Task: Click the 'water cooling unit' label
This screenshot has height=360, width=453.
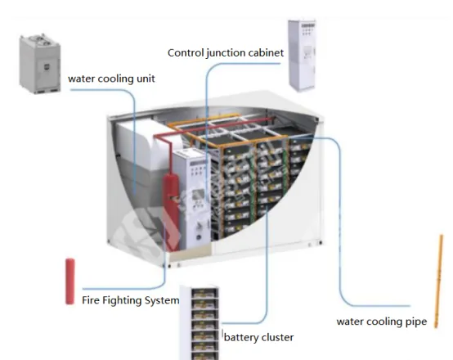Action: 111,79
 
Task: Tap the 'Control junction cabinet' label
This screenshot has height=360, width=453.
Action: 226,53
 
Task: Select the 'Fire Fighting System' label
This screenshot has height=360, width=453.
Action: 131,300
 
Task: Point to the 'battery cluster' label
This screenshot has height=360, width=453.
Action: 259,337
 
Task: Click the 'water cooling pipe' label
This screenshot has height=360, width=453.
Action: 382,322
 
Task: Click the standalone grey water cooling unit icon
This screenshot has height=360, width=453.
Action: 40,64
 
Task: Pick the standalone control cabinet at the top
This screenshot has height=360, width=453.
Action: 303,55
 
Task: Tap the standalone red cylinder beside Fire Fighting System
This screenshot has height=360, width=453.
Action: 70,281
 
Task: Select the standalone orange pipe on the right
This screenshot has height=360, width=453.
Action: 438,281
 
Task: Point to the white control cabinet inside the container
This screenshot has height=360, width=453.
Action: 193,200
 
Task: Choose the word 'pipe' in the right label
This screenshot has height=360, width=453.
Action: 416,322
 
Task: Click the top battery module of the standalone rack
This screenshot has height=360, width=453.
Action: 204,294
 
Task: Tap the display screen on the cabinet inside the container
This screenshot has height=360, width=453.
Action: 198,195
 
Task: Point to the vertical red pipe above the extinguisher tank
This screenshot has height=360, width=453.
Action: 169,156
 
